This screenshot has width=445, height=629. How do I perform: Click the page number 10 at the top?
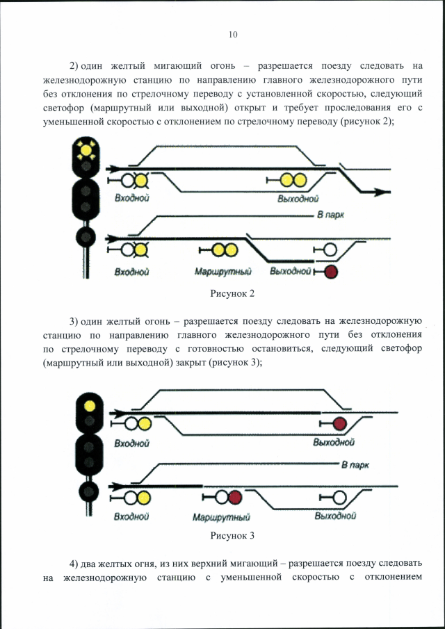(233, 35)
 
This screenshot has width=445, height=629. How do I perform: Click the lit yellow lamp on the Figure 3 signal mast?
(90, 406)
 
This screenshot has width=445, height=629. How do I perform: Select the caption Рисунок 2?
(233, 293)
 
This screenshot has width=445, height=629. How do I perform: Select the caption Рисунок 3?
(233, 536)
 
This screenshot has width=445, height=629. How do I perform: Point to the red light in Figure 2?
(331, 272)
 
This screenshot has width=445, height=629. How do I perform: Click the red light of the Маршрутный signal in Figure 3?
(236, 498)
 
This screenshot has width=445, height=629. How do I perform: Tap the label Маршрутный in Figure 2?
(223, 272)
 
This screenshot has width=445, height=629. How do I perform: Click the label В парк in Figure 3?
(355, 466)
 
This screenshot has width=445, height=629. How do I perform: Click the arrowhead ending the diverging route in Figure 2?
(383, 193)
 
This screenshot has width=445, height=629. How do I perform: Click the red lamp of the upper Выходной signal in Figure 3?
(340, 423)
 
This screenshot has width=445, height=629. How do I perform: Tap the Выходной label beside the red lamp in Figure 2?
(291, 272)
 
